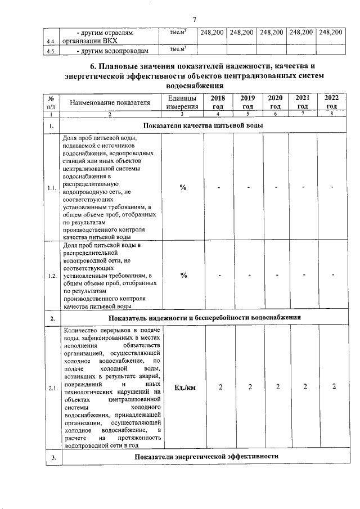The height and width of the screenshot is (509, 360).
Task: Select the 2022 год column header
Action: point(332,102)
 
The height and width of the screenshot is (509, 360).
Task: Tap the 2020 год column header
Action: point(275,102)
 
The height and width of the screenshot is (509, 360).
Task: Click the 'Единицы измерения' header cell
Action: point(182,102)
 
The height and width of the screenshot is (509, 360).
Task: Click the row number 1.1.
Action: point(52,187)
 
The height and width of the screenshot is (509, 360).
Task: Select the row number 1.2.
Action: point(52,276)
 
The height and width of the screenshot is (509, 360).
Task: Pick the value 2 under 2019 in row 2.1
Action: point(248,386)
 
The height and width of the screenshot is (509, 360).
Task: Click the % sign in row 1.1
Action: point(183,187)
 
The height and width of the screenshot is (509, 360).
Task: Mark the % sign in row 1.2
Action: point(183,275)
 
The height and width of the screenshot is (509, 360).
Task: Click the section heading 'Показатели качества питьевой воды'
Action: point(203,124)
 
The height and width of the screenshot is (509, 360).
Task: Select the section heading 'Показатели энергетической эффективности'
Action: point(207,456)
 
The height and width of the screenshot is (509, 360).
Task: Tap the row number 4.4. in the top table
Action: point(51,41)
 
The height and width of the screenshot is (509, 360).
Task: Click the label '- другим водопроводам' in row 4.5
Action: point(112,51)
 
